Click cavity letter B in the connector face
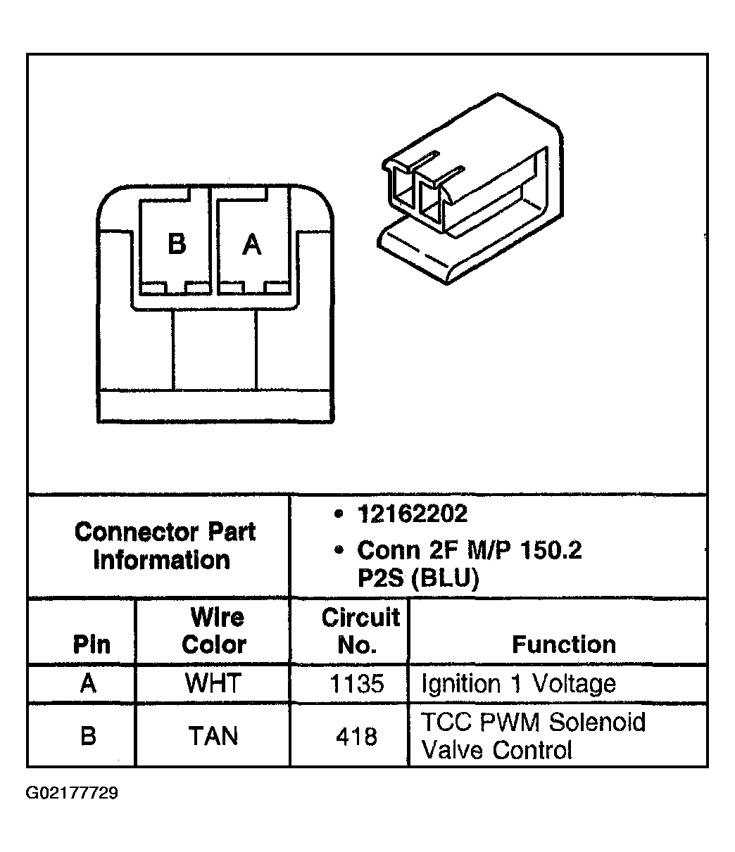point(177,243)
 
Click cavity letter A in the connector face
point(251,244)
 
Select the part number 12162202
point(413,514)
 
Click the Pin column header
point(92,644)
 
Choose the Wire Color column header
point(214,630)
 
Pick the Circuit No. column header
point(360,630)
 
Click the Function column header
point(564,644)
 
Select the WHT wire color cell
point(213,683)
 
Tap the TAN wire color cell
point(213,736)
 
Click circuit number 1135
point(357,684)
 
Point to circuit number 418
point(356,737)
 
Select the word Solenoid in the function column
point(597,722)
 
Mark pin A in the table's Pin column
point(88,684)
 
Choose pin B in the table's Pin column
point(88,737)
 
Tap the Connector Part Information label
point(165,546)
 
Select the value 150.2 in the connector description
point(551,550)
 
